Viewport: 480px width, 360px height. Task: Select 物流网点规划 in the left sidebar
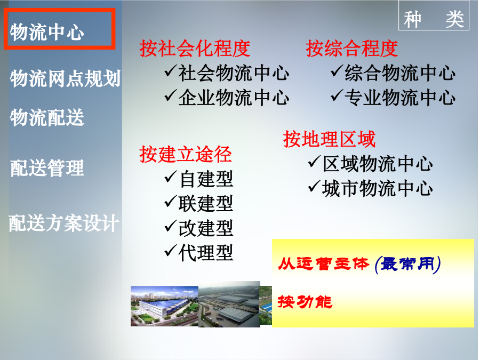coord(65,78)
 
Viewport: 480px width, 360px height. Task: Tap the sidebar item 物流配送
coord(47,117)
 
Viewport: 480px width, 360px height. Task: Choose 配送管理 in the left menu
coord(47,168)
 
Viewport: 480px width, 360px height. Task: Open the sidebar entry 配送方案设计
coord(63,223)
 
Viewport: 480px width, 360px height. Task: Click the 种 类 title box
coord(434,15)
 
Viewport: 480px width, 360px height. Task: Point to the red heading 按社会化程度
coord(195,49)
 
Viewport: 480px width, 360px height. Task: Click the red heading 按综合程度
coord(352,49)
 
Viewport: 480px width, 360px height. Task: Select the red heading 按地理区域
coord(329,139)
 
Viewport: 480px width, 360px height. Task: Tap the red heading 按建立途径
coord(186,154)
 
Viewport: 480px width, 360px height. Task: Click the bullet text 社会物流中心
coord(234,73)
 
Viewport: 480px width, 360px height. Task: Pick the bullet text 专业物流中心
coord(400,98)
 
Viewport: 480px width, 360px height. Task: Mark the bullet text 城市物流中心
coord(378,188)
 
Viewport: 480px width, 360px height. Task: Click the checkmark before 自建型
coord(171,177)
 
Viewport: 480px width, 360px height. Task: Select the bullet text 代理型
coord(206,253)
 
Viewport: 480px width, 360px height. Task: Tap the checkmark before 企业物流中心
coord(171,95)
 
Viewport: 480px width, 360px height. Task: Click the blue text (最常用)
coord(407,264)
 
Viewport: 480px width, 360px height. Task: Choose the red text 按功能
coord(305,302)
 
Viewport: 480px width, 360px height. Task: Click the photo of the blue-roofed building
coord(164,306)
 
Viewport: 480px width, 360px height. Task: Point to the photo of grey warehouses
coord(229,305)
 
